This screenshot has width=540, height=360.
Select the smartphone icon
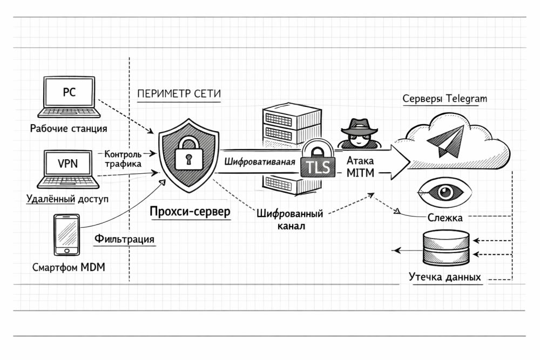point(66,234)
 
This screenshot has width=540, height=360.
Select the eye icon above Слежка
point(445,192)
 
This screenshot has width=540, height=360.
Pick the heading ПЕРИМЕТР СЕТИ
point(179,93)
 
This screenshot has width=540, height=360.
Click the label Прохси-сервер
point(190,212)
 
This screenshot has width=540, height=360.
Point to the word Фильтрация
point(125,239)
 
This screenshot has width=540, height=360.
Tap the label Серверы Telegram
point(445,99)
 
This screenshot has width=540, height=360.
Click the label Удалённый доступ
point(67,199)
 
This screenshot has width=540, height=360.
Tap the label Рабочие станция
point(69,128)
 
